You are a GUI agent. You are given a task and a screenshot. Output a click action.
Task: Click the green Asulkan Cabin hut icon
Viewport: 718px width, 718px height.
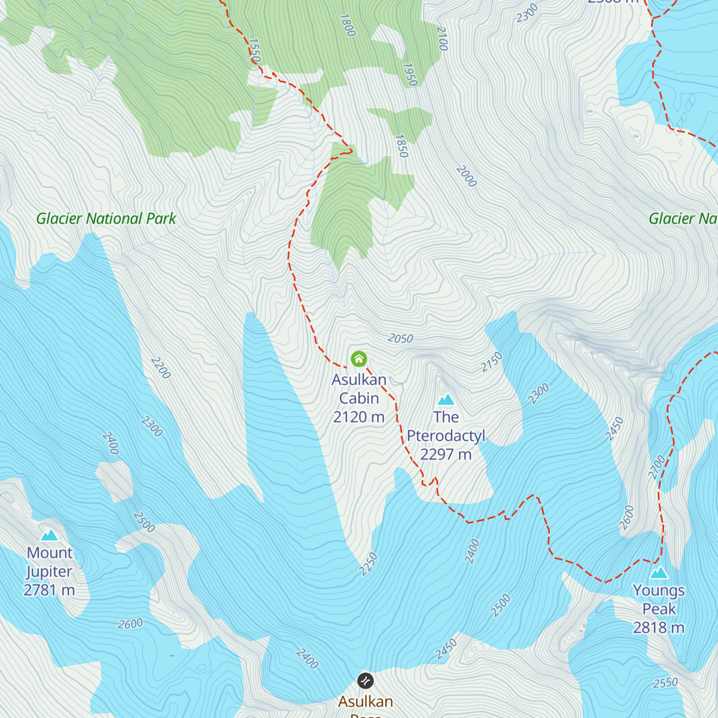tap(358, 359)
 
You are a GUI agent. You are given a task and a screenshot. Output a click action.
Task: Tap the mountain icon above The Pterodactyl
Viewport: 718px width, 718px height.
tap(446, 399)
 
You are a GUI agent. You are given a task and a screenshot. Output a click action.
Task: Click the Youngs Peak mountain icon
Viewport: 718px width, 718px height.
tap(659, 573)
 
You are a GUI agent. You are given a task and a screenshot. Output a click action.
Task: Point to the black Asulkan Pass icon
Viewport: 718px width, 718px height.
tap(365, 680)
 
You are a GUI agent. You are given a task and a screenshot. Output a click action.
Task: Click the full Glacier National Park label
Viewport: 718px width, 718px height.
tap(106, 218)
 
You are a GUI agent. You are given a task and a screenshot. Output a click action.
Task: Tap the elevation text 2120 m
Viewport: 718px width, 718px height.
tap(359, 417)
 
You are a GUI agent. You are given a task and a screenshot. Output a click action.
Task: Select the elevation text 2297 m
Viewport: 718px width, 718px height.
tap(446, 454)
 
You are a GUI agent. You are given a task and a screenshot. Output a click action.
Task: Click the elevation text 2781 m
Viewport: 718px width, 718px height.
tap(49, 590)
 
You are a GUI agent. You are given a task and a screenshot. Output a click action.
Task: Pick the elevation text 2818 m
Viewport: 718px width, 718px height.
tap(659, 627)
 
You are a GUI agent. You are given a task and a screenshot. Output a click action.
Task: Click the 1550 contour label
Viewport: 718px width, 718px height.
tap(254, 51)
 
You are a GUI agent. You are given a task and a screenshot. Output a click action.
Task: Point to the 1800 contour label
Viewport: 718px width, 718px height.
tap(348, 25)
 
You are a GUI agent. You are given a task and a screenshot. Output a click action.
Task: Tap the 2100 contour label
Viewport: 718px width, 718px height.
tap(442, 38)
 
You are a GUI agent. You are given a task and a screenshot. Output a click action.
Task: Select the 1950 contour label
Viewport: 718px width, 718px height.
tap(410, 75)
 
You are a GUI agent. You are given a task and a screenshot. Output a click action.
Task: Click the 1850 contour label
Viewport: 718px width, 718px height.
tap(401, 146)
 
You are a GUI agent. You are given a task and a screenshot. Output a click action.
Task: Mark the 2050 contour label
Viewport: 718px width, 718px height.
tap(400, 339)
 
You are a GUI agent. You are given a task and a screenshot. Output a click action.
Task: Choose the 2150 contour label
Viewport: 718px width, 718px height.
tap(492, 362)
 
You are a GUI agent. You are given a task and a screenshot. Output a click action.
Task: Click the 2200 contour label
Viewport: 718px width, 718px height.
tap(160, 367)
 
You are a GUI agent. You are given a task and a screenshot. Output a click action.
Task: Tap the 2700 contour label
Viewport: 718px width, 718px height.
tap(657, 467)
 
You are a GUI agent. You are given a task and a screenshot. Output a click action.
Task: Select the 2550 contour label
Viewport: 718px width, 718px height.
tap(665, 683)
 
